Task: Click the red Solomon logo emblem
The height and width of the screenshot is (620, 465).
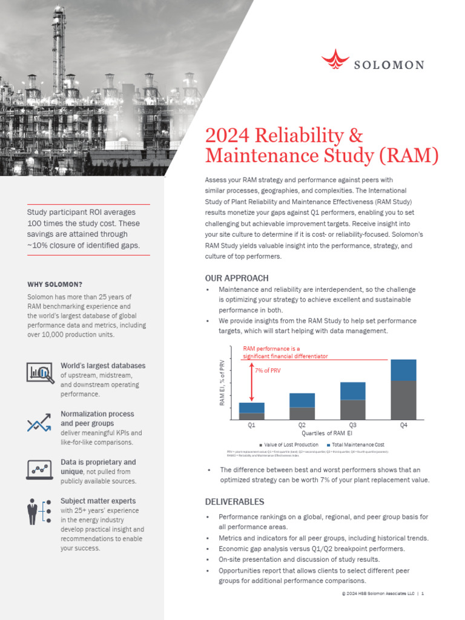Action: (335, 60)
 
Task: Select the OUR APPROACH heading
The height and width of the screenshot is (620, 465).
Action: (237, 278)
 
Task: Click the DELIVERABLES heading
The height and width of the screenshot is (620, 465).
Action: (235, 502)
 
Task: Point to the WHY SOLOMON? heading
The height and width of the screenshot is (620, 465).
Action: (55, 284)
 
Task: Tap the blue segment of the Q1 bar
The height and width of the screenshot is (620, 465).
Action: (252, 407)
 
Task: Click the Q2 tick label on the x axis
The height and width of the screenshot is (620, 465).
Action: (302, 426)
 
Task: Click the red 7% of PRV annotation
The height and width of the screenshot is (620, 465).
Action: (268, 371)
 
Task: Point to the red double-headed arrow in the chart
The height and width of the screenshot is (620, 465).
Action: (251, 381)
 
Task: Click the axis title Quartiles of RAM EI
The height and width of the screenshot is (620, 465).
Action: (326, 434)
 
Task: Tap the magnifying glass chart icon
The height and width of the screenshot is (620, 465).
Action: (41, 372)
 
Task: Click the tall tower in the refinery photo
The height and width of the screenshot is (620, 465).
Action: (59, 48)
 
